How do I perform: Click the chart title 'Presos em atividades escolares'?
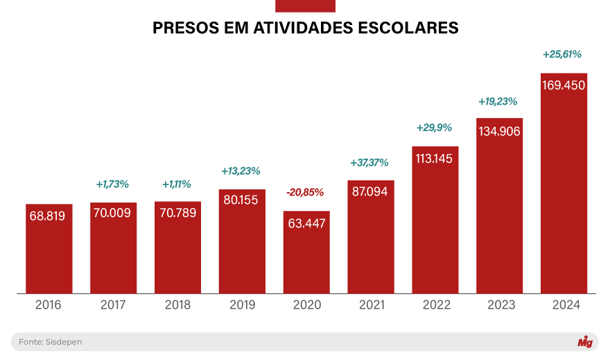click(305, 28)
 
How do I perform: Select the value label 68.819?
click(48, 216)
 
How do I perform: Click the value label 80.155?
click(241, 201)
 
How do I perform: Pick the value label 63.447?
click(306, 223)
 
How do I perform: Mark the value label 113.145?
click(435, 158)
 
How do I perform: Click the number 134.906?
click(499, 131)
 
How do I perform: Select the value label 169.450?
click(564, 85)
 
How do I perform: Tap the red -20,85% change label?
click(306, 191)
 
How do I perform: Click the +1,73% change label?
click(112, 185)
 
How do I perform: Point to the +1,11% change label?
click(177, 185)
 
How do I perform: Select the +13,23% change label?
click(241, 171)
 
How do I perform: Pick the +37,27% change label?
click(370, 163)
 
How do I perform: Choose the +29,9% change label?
click(435, 128)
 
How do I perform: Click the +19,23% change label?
click(499, 101)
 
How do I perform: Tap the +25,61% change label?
click(562, 54)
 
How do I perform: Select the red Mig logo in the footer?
click(584, 342)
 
